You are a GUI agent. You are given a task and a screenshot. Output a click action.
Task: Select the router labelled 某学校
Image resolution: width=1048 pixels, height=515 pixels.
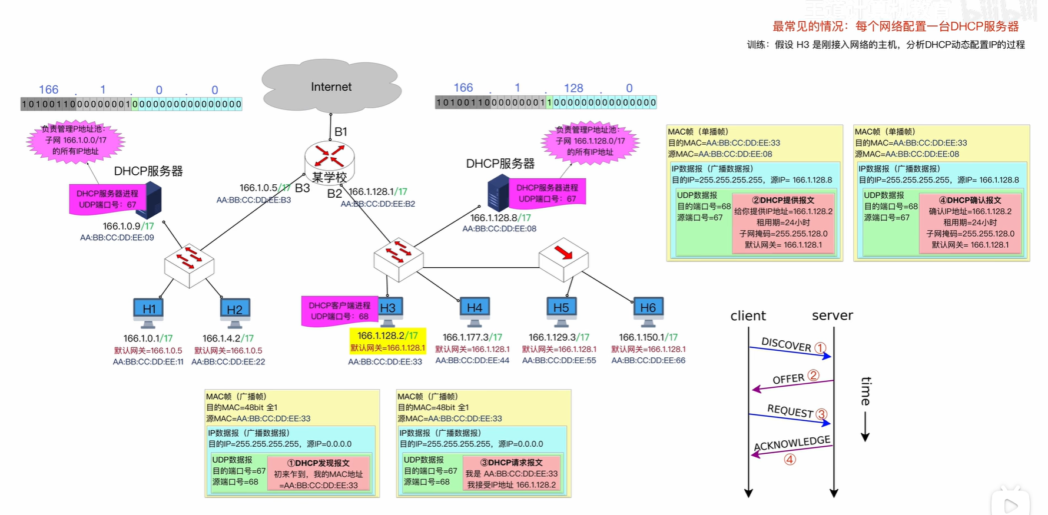[329, 160]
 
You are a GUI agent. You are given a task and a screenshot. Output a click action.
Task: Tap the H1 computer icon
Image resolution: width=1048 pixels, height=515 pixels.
[148, 311]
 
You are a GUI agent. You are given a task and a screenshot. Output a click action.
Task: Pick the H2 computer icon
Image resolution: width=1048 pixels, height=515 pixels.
[234, 312]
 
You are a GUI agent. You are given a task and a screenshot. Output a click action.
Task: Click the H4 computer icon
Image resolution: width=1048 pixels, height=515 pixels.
[475, 311]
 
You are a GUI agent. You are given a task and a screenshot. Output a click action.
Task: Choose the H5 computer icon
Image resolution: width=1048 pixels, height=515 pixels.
[561, 311]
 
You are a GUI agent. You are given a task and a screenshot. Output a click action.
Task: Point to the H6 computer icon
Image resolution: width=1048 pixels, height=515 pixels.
[648, 311]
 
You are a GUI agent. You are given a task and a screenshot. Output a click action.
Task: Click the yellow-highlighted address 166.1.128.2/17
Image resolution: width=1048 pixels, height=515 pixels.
[387, 335]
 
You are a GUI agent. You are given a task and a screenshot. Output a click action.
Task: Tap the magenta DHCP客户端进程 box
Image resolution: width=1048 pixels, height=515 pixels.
[340, 311]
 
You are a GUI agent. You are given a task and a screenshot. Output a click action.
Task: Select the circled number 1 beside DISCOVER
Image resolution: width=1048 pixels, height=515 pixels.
[820, 348]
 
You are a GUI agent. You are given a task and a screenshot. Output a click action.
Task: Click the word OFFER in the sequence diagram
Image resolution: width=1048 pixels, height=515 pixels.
[788, 379]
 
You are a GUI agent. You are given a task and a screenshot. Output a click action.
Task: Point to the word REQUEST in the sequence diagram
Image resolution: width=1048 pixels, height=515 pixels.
[790, 411]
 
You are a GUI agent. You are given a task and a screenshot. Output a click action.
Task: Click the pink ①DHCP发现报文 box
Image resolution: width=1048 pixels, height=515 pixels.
[319, 474]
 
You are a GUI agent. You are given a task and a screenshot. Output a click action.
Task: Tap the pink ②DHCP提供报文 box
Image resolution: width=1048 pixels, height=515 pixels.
[783, 222]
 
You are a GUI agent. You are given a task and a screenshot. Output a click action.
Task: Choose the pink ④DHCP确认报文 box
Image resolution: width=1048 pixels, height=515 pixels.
[970, 222]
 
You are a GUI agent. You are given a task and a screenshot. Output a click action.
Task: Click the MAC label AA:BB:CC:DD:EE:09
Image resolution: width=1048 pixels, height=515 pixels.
[117, 238]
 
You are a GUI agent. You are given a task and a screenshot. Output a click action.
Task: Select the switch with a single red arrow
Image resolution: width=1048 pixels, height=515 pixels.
[563, 258]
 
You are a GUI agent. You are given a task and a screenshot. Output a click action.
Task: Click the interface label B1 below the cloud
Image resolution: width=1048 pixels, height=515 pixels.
[341, 132]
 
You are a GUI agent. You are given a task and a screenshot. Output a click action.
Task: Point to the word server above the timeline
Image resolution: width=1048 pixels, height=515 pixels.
[832, 315]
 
